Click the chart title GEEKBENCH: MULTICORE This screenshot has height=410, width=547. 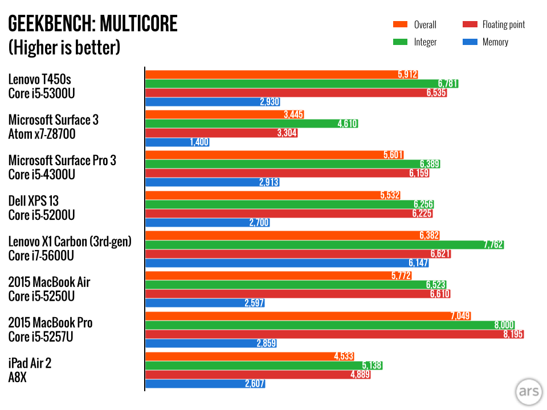coord(92,24)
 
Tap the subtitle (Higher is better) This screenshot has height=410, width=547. coord(64,47)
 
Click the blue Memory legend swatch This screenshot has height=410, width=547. coord(469,42)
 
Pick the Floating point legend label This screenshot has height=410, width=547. coord(503,24)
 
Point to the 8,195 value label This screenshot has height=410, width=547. coord(512,334)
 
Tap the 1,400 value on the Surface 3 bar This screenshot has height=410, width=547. coord(199,142)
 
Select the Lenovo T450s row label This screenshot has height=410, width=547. coord(40,79)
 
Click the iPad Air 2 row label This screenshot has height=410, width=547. coord(30,363)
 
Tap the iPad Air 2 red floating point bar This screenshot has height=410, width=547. coord(251,375)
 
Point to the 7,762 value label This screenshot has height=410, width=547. coord(492,245)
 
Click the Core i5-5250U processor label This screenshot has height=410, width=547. coord(42,296)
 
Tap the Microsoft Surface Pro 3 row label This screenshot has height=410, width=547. coord(62,161)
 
